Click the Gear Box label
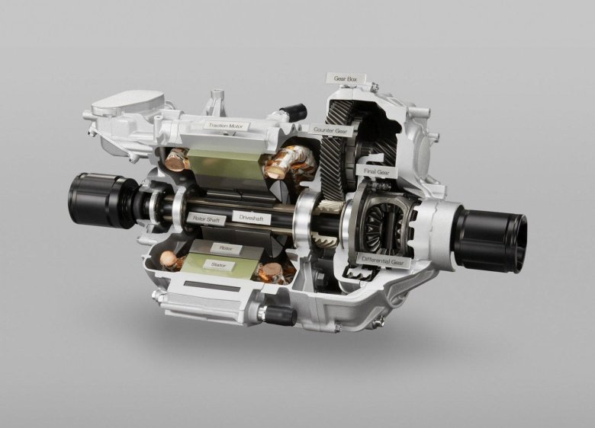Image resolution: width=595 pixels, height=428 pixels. point(346,78)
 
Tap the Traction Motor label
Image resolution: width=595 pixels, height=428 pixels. point(225,126)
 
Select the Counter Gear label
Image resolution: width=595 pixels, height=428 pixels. point(330,130)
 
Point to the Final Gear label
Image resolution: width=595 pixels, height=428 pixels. point(377,171)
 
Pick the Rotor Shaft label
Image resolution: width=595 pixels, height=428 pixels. point(207,219)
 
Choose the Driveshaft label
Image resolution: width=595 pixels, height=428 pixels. point(252,218)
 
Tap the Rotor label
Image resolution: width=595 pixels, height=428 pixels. point(225,248)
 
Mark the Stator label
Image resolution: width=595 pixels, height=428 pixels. point(217,265)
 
